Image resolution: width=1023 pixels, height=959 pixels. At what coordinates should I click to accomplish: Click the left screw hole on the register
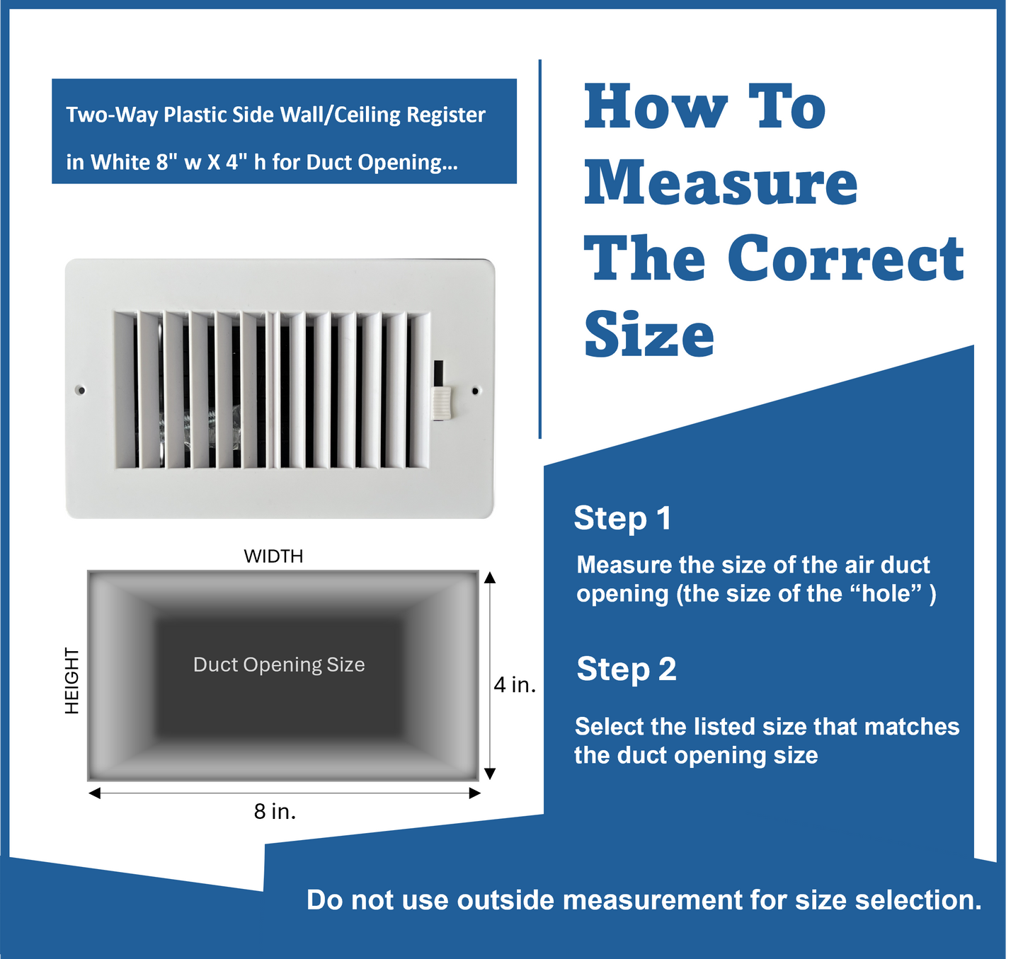click(81, 390)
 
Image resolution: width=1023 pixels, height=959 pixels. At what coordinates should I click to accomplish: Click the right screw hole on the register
click(475, 390)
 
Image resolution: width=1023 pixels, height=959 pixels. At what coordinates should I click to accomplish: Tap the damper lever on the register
click(441, 403)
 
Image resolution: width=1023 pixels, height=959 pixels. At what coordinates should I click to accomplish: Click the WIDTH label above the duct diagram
click(273, 556)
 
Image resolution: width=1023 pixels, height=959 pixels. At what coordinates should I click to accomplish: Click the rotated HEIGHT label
click(72, 680)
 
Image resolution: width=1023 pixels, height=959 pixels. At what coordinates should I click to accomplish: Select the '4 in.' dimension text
click(515, 685)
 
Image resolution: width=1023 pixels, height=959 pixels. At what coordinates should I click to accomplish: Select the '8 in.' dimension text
click(275, 811)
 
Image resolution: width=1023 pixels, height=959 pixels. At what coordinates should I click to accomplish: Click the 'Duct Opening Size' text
click(279, 665)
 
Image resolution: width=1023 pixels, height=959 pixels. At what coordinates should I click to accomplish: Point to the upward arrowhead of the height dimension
click(489, 578)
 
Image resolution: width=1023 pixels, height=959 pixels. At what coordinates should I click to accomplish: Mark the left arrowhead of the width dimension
click(95, 793)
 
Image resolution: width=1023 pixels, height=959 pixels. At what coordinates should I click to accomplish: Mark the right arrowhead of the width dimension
click(475, 793)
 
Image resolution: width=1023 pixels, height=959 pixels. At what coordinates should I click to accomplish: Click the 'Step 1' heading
click(622, 518)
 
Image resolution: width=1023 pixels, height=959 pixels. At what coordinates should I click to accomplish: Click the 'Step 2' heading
click(627, 669)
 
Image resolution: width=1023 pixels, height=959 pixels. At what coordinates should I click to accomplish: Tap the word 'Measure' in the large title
click(721, 183)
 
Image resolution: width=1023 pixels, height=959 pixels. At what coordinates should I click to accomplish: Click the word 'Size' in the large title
click(649, 335)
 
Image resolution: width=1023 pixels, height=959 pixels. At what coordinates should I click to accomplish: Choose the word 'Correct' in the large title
click(845, 258)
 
